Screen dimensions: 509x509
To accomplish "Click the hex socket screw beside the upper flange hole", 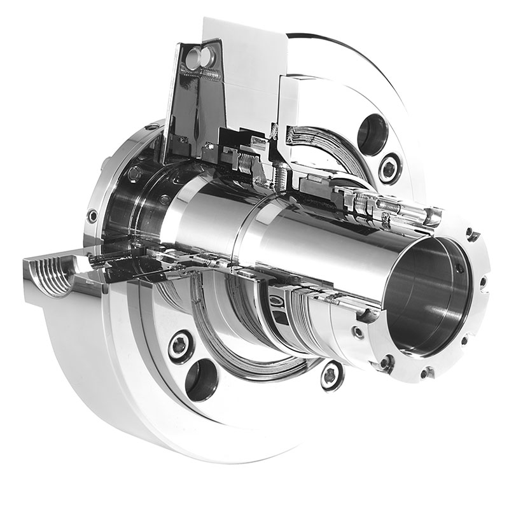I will (389, 168).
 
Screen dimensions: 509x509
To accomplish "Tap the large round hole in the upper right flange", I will (372, 134).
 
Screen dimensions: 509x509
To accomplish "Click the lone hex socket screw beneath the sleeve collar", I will (330, 375).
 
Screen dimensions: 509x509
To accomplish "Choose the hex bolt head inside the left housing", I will (135, 174).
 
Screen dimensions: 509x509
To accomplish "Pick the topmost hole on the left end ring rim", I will (151, 127).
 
